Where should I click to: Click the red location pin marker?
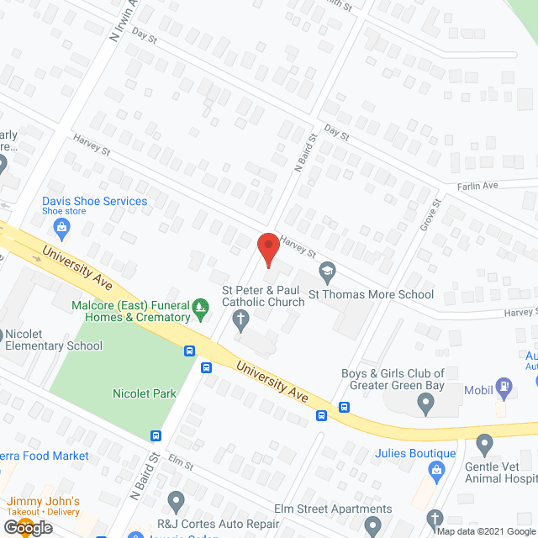pos(267,250)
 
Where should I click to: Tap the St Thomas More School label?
pos(371,294)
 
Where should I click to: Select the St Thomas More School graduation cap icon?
pos(326,272)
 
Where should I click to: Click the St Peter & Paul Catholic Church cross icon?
pos(240,319)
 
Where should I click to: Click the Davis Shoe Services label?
pos(95,202)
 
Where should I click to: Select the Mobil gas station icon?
pos(504,388)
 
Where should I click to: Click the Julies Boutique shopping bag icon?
pos(436,471)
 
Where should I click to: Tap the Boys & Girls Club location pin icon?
pos(425,405)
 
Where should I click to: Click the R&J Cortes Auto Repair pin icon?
pos(176,502)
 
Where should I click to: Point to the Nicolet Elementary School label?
pos(54,340)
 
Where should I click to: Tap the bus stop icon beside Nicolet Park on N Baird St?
pos(156,435)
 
